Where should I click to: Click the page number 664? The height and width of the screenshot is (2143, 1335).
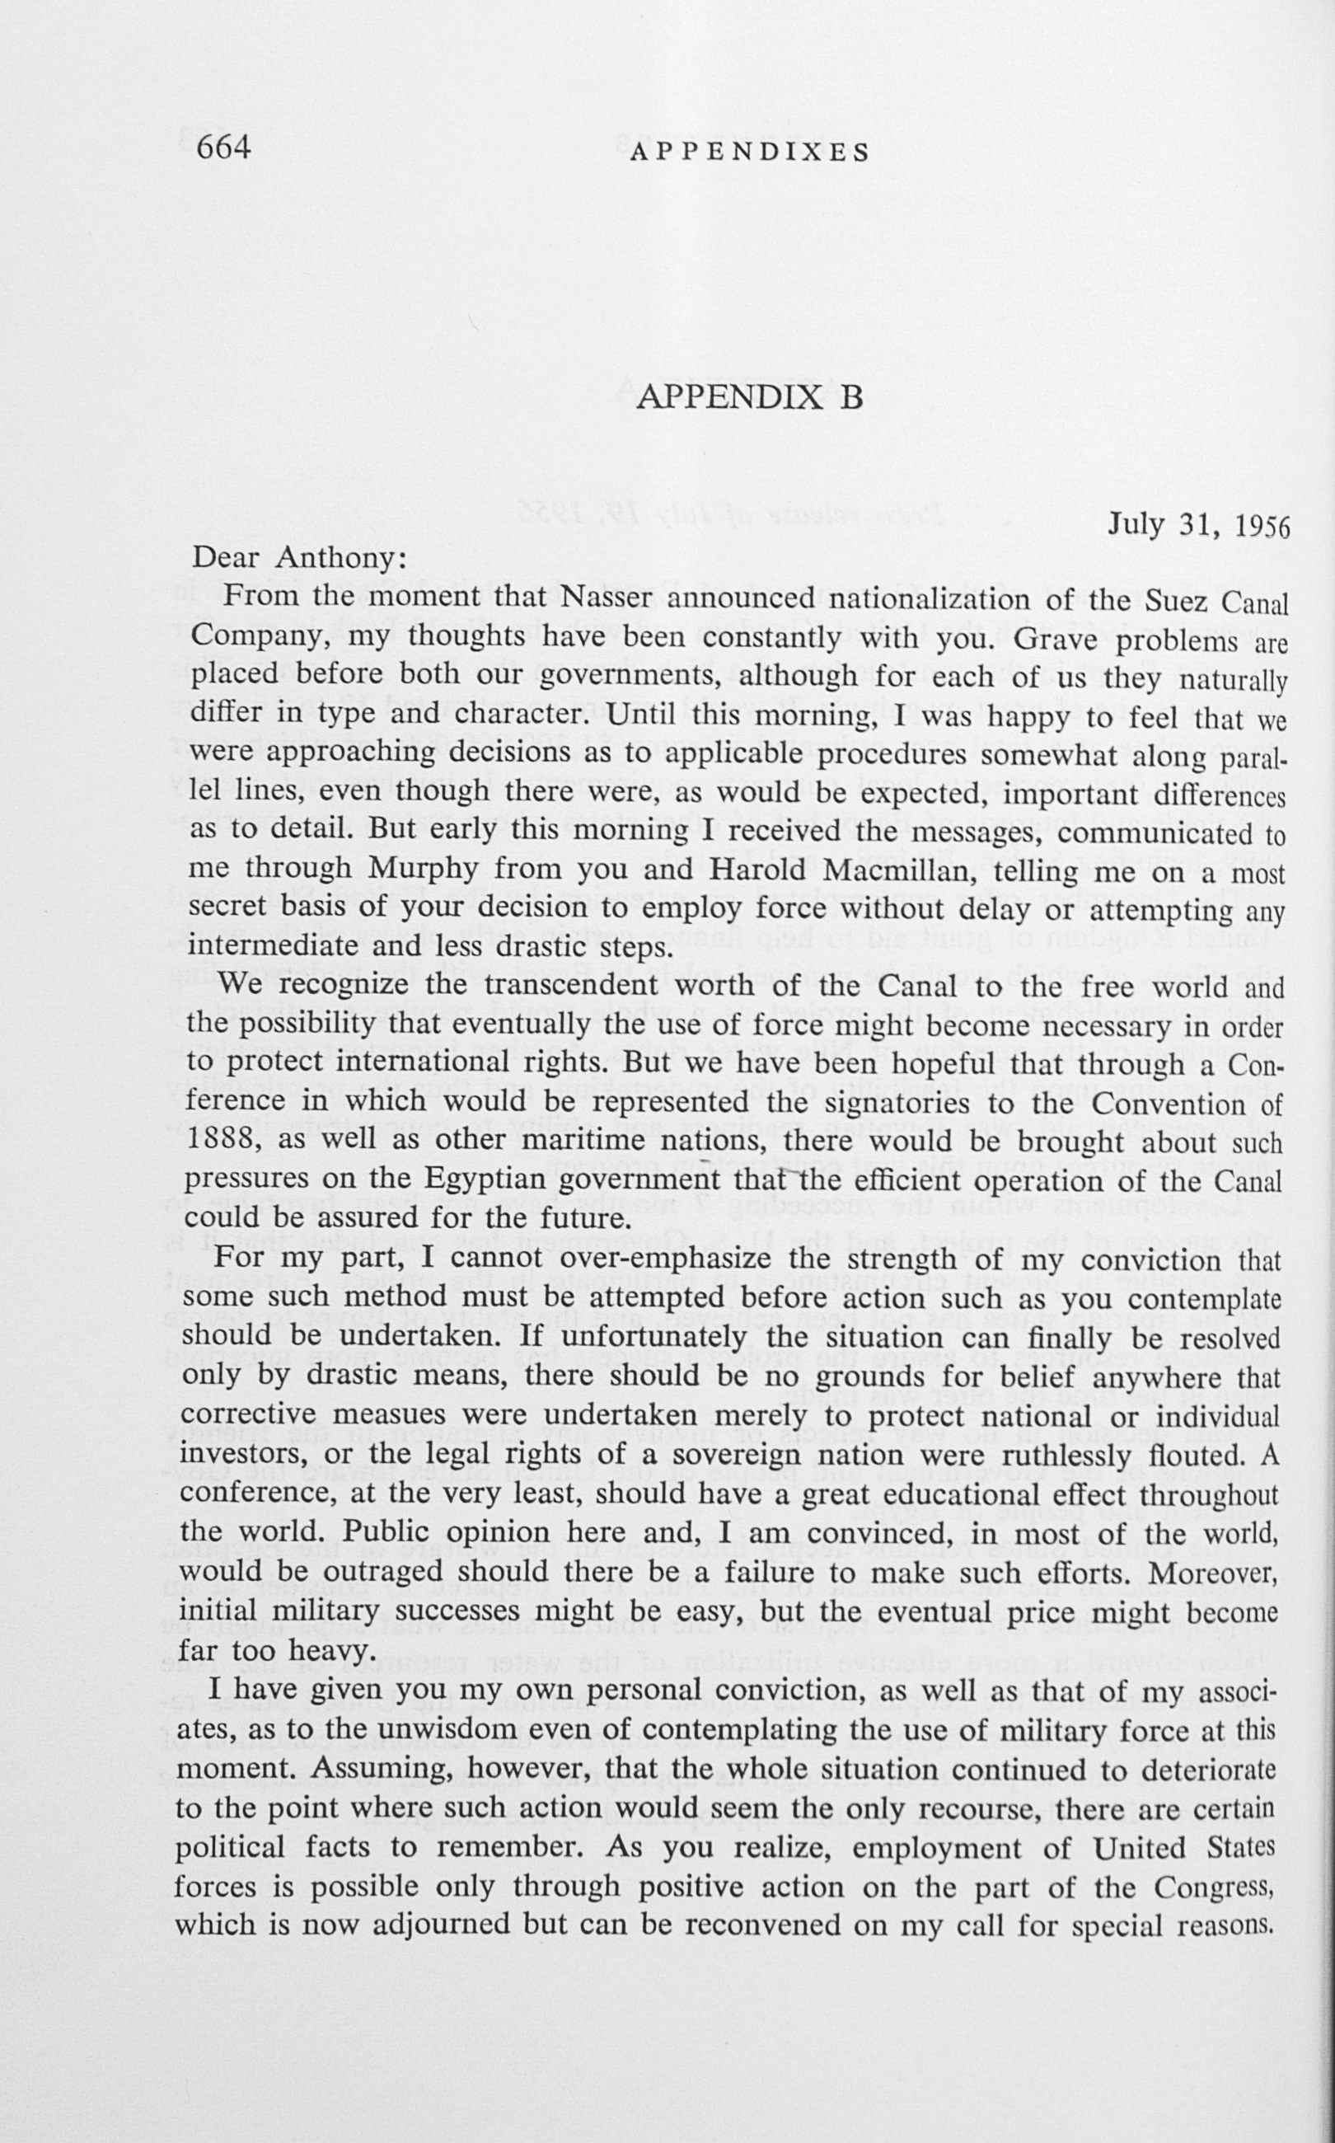coord(223,147)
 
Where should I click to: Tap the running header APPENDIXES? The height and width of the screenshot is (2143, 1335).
coord(750,152)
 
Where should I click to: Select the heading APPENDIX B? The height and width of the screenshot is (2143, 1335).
coord(749,397)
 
